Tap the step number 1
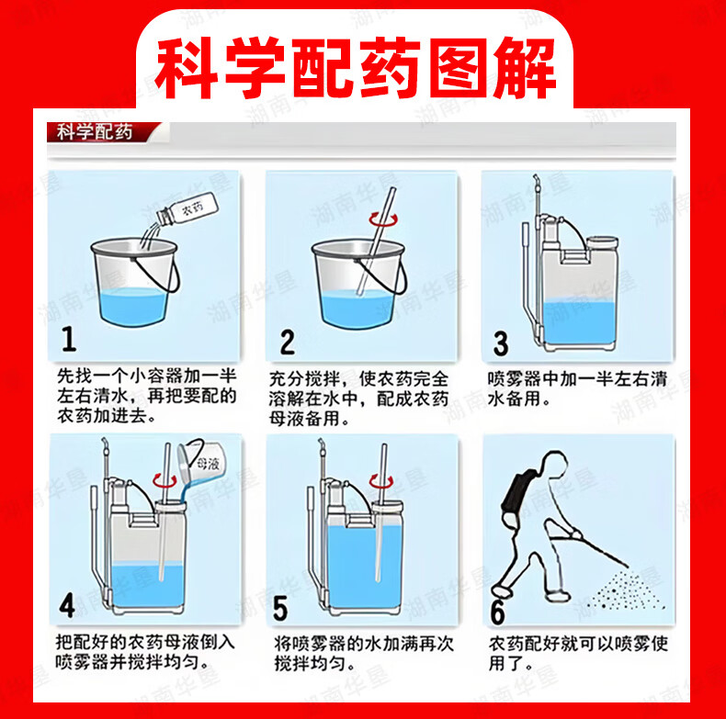69,339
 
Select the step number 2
287,343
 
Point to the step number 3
501,343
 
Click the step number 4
67,605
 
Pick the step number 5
280,608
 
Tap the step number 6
498,612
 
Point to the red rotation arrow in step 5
381,482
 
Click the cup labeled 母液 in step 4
200,462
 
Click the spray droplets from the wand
626,590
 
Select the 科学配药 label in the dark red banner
95,132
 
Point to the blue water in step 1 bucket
133,307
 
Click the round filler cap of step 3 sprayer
602,242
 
